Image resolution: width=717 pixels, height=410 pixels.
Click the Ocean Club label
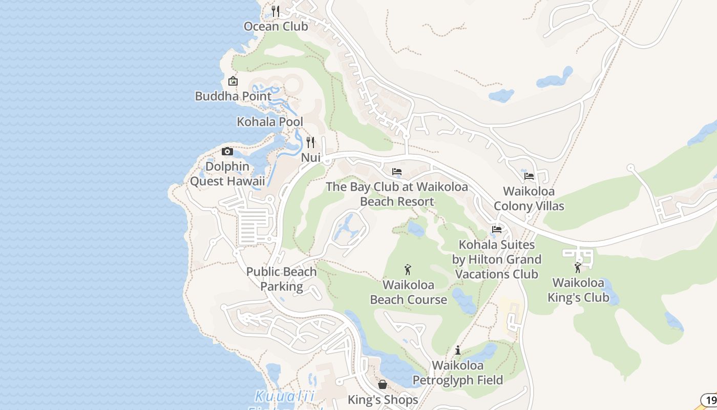click(x=276, y=26)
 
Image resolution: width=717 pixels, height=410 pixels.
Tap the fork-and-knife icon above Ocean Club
click(x=276, y=11)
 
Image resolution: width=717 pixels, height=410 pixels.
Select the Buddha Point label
click(x=233, y=96)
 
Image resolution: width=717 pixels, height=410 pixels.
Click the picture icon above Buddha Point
click(x=233, y=81)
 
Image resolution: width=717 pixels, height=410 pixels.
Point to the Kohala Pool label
click(x=270, y=122)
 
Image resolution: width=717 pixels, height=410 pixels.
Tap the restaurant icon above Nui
click(x=310, y=142)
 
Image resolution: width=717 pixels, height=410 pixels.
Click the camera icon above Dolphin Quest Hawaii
click(x=227, y=151)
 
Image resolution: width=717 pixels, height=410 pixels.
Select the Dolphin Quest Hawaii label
click(x=227, y=174)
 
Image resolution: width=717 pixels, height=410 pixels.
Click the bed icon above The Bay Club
click(x=397, y=172)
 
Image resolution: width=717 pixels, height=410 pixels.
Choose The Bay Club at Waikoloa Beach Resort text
click(x=397, y=194)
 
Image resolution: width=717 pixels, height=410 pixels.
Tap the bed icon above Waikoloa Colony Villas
click(x=529, y=176)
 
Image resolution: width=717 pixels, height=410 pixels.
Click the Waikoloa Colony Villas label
click(x=529, y=198)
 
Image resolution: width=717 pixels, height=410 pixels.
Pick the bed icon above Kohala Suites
click(x=496, y=230)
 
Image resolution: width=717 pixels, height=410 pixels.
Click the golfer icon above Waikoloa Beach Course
click(x=408, y=270)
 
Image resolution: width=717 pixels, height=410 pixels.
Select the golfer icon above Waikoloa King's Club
click(x=578, y=268)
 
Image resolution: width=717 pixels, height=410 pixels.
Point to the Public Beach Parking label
click(x=281, y=279)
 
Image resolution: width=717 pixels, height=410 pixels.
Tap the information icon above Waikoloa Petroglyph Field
click(x=458, y=351)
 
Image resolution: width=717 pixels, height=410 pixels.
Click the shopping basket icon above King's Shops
click(x=383, y=384)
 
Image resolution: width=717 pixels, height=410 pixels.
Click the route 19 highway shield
click(x=709, y=400)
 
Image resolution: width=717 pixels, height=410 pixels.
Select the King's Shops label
click(x=383, y=399)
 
